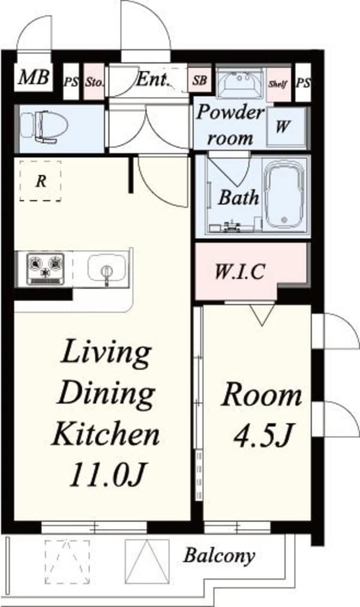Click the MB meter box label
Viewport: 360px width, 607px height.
coord(34,77)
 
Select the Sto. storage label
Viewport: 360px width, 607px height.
coord(94,82)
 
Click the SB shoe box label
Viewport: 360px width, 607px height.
coord(200,80)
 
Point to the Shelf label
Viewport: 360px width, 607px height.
coord(278,83)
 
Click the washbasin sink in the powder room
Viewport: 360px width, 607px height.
coord(240,82)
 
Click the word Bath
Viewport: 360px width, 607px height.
coord(238,197)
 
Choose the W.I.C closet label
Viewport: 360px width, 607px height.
coord(240,271)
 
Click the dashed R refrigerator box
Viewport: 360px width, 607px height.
coord(40,181)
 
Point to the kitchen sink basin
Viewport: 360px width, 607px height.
coord(106,268)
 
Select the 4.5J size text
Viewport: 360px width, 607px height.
coord(262,435)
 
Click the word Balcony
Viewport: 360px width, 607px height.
coord(219,555)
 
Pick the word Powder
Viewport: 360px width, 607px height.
coord(230,113)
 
